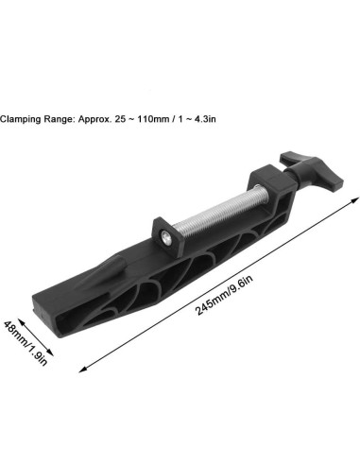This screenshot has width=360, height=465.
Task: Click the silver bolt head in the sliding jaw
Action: pos(165,236)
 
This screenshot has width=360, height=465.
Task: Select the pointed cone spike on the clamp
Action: pos(101,275)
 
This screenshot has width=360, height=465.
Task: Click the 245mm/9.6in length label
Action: pos(224,295)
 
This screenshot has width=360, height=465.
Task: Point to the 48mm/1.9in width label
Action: pos(26,343)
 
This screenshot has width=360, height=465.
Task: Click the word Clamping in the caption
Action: pos(20,119)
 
